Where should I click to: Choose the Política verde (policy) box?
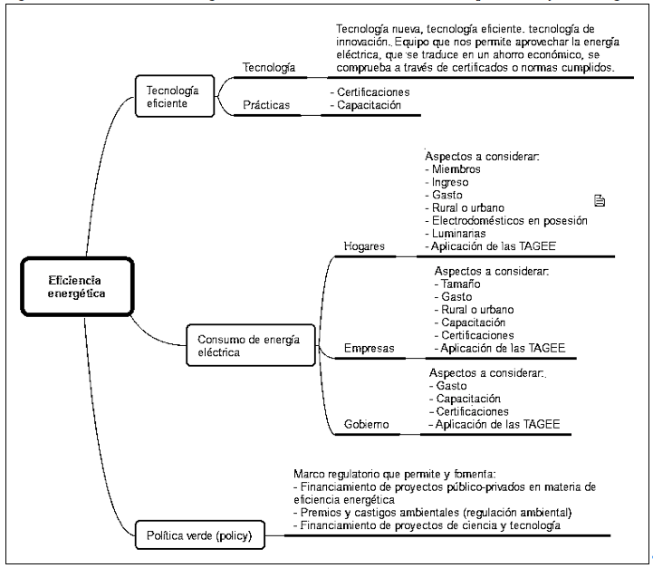point(200,535)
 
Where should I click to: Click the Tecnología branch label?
point(269,68)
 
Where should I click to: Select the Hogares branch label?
point(365,246)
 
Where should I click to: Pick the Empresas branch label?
point(368,347)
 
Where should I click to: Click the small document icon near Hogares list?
point(599,200)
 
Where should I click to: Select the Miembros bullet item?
point(456,169)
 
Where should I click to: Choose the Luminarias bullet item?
point(461,234)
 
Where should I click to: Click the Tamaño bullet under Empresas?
point(462,284)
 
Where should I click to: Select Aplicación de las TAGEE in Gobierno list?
point(495,424)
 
